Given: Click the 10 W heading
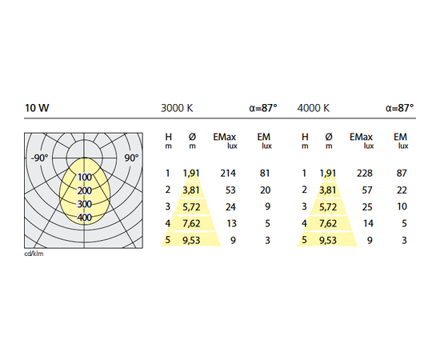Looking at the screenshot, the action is coord(37,108).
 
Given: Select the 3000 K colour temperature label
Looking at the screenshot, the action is coord(177,108).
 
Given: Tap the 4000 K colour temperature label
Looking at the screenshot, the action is coord(313,108).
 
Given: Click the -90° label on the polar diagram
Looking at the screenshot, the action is coord(39,158).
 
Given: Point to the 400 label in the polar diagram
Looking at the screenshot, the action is coord(85,217).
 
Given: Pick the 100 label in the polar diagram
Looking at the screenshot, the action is coord(85,177).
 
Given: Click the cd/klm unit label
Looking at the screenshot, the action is coord(34,254).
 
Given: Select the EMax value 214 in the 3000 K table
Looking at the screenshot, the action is coord(228,174).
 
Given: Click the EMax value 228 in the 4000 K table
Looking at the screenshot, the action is coord(365,174).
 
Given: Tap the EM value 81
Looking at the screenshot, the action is coord(265,174).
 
